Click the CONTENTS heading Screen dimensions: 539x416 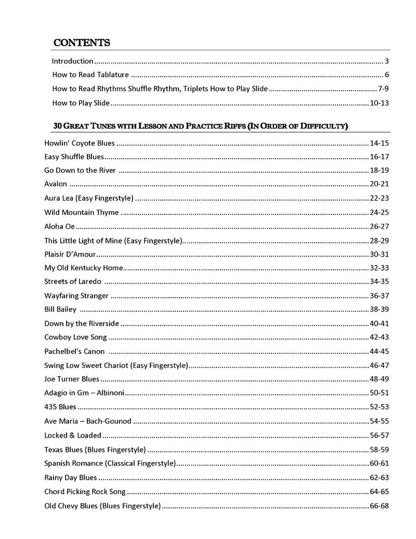tap(82, 43)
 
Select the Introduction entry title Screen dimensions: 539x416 tap(73, 61)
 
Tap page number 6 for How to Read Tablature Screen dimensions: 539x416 tap(387, 75)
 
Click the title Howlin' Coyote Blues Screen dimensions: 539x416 tap(80, 143)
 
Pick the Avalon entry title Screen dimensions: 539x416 tap(56, 184)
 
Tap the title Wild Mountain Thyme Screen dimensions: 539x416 tap(82, 212)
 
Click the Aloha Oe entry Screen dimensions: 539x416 tap(60, 226)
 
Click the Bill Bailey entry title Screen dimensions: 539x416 tap(60, 310)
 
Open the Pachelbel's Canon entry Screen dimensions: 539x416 tap(74, 351)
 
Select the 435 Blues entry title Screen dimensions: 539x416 tap(60, 407)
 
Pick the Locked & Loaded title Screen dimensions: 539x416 tap(73, 435)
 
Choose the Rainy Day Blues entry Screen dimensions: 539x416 tap(71, 477)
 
